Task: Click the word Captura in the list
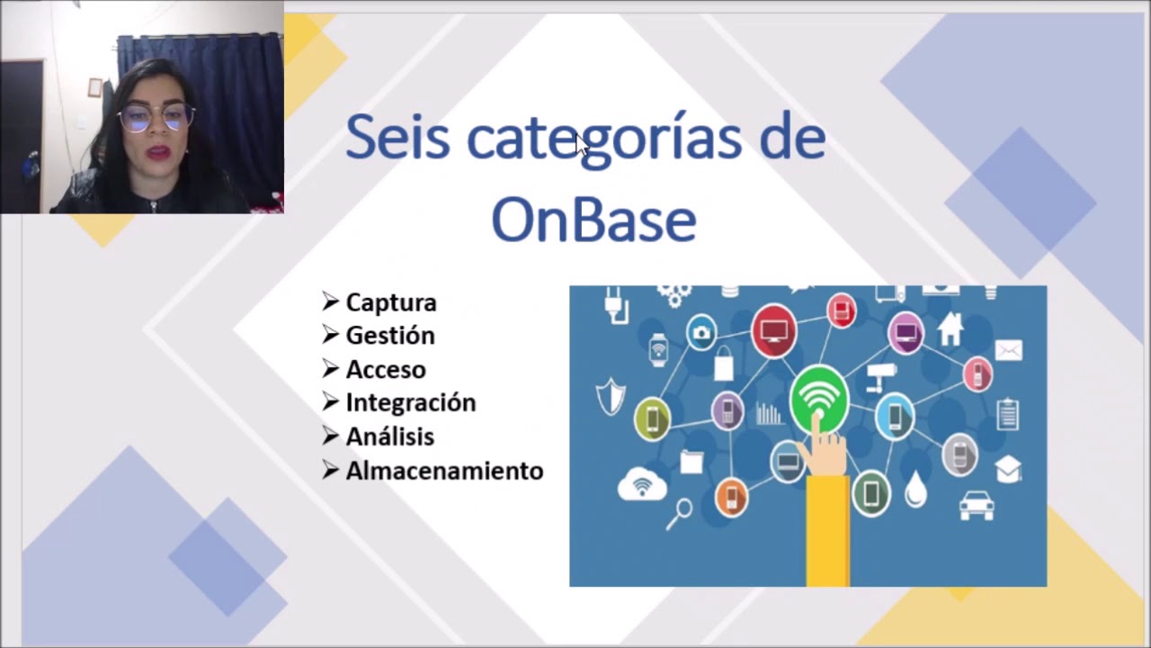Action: pyautogui.click(x=390, y=302)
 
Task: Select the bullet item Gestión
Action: pyautogui.click(x=389, y=336)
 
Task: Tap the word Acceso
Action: pyautogui.click(x=385, y=369)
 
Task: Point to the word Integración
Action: pyautogui.click(x=410, y=402)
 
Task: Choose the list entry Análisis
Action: pyautogui.click(x=389, y=436)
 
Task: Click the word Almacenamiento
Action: pyautogui.click(x=444, y=471)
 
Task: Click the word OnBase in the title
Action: pyautogui.click(x=593, y=220)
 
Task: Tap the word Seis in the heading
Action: pyautogui.click(x=397, y=138)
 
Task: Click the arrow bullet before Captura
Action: pyautogui.click(x=330, y=301)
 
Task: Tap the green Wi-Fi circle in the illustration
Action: pyautogui.click(x=818, y=397)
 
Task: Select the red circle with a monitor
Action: pyautogui.click(x=773, y=330)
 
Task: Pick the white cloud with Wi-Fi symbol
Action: pyautogui.click(x=642, y=484)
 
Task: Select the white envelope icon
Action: pyautogui.click(x=1008, y=350)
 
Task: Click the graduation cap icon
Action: pyautogui.click(x=1008, y=469)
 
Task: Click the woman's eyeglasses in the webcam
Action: pyautogui.click(x=156, y=117)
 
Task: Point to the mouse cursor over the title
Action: pyautogui.click(x=583, y=146)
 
